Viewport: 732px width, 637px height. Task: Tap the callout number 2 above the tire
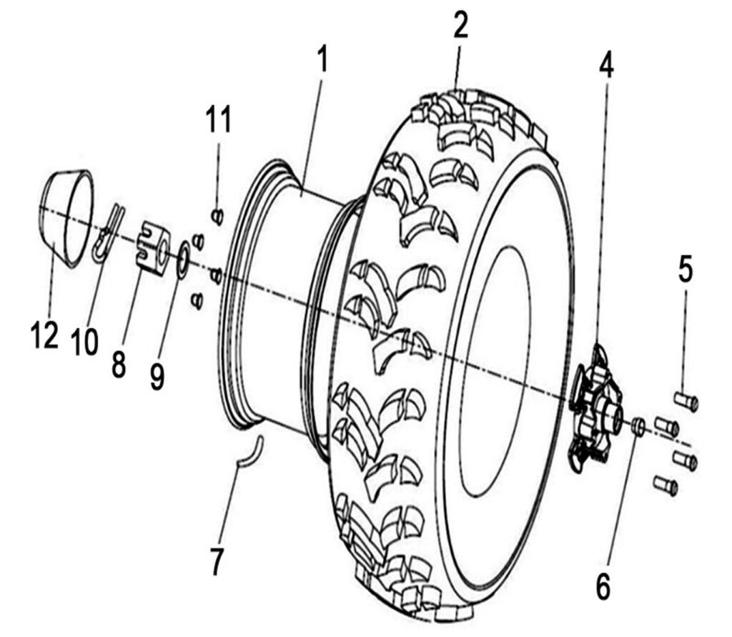pyautogui.click(x=460, y=26)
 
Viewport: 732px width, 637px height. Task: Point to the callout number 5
pyautogui.click(x=686, y=271)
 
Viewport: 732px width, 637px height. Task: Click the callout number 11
pyautogui.click(x=219, y=119)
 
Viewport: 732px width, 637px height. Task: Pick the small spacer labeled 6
pyautogui.click(x=638, y=427)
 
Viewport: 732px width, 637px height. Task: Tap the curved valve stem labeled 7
pyautogui.click(x=250, y=452)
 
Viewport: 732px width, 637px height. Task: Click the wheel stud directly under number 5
pyautogui.click(x=686, y=401)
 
